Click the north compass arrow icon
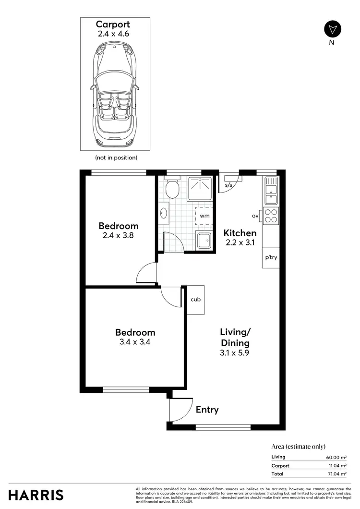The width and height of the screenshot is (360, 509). (x=332, y=28)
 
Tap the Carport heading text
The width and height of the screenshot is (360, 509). (x=113, y=24)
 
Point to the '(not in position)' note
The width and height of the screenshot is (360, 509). (x=116, y=158)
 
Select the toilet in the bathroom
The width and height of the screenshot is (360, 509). (x=172, y=189)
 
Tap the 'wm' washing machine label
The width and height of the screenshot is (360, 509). (x=204, y=216)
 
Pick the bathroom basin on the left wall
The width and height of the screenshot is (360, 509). (x=164, y=213)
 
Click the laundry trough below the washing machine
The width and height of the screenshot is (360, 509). (x=204, y=240)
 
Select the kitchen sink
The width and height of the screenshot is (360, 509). (x=271, y=190)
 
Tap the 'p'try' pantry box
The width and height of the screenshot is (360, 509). (x=271, y=257)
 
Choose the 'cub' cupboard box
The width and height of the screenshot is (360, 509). (x=195, y=300)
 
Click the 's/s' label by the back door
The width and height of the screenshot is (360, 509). (x=229, y=185)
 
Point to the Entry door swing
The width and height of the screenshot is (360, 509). (x=180, y=409)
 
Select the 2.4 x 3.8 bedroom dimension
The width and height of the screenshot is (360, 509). (x=119, y=236)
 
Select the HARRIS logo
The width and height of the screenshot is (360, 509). (x=36, y=495)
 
